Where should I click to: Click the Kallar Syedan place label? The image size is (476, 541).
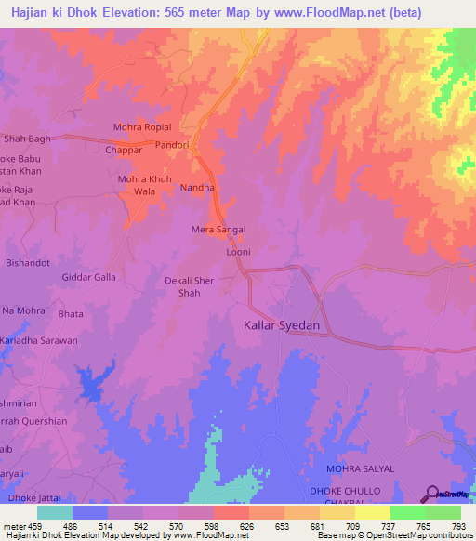(x=281, y=326)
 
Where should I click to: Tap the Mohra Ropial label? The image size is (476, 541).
(x=142, y=126)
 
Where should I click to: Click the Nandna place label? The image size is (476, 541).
(x=197, y=188)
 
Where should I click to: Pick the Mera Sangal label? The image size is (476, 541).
(x=218, y=229)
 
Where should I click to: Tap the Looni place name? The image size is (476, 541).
(x=239, y=252)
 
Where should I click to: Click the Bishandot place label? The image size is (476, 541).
(x=27, y=263)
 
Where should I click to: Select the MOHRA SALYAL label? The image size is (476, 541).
(x=360, y=468)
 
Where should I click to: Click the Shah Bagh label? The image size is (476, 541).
(x=27, y=139)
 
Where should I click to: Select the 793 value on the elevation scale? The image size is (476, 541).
(x=459, y=526)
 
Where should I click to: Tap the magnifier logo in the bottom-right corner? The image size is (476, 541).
(x=430, y=495)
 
